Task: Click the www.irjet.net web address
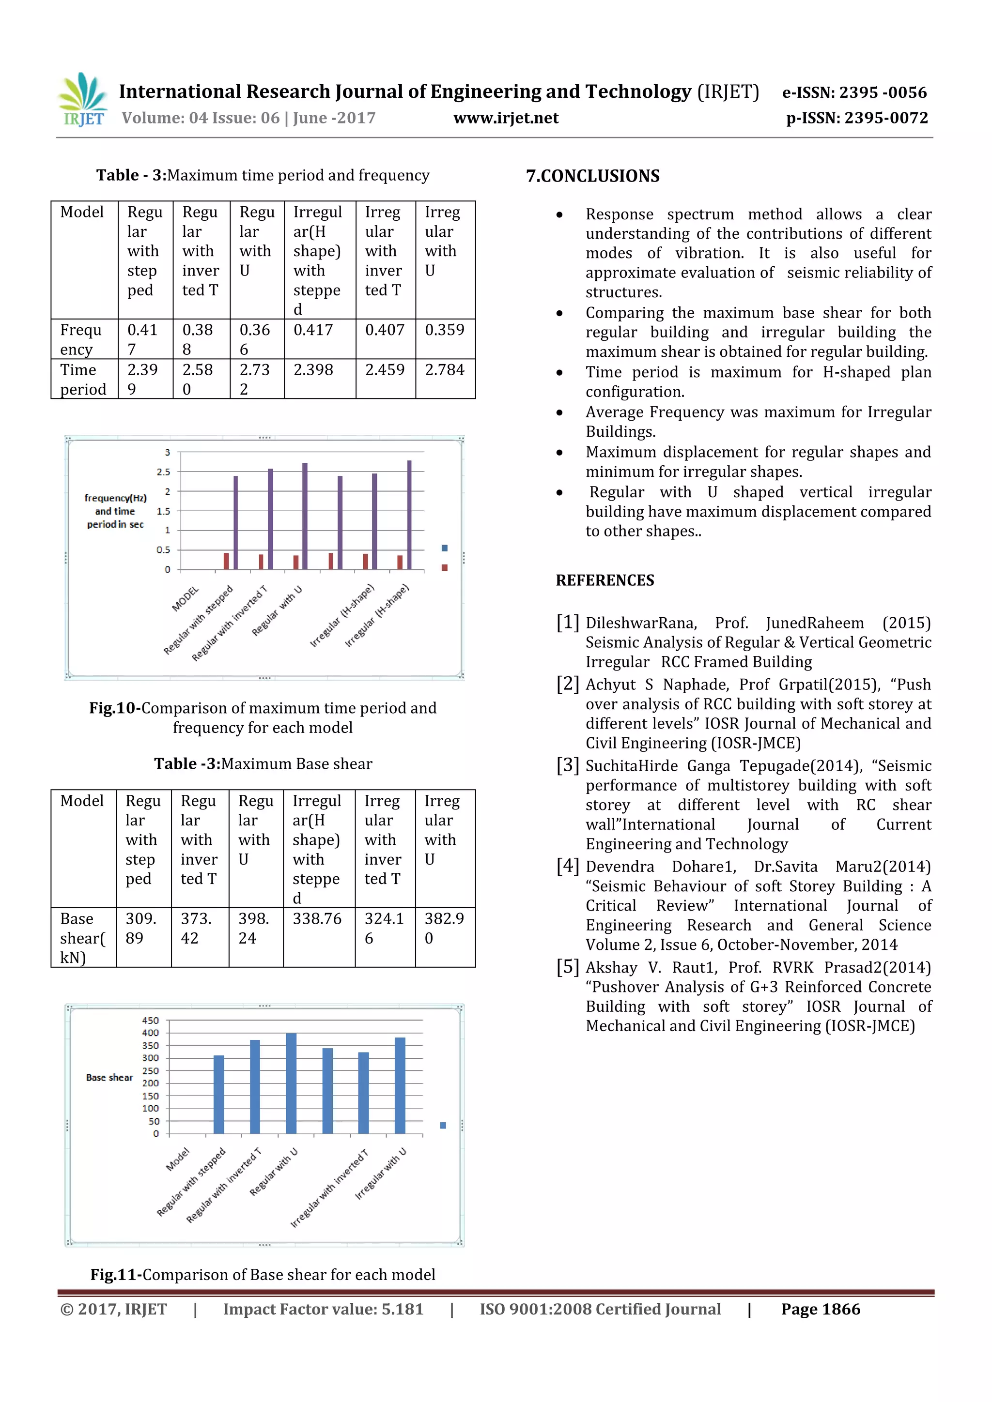tap(506, 118)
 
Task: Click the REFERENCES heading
tap(604, 580)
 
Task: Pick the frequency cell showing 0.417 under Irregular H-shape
tap(313, 330)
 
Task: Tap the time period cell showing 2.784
tap(445, 370)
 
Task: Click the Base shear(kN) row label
tap(82, 937)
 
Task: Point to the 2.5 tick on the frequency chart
tap(164, 472)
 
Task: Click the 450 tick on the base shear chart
tap(150, 1021)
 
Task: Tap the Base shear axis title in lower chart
tap(109, 1078)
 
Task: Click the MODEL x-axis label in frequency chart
tap(185, 599)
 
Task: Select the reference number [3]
tap(568, 765)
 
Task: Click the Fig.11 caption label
tap(116, 1274)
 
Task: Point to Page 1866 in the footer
tap(821, 1309)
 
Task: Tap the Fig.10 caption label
tap(115, 708)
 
